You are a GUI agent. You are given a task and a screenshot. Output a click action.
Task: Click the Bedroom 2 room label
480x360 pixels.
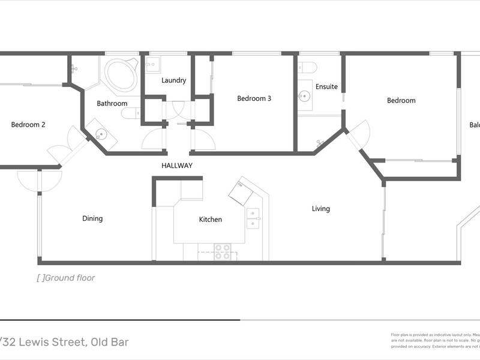point(28,125)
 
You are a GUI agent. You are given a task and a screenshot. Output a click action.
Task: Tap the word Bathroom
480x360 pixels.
point(112,103)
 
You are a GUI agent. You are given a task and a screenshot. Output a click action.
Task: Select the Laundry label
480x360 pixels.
point(173,80)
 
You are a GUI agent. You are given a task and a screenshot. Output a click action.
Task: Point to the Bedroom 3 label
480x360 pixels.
point(254,98)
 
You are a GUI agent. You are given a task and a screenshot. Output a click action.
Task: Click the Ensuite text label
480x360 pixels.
point(327,86)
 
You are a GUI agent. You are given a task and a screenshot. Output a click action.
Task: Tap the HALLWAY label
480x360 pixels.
point(176,166)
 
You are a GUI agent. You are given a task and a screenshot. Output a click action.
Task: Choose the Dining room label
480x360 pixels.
point(92,218)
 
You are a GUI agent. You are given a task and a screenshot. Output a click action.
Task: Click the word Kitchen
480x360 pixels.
point(211,220)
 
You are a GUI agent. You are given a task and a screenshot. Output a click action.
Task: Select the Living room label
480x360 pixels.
point(321,209)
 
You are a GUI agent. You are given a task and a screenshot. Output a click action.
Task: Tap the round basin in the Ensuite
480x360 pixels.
point(305,95)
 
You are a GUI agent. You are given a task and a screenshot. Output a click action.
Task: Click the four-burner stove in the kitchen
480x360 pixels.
point(223,251)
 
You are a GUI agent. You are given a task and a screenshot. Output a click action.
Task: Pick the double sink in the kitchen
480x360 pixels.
point(253,218)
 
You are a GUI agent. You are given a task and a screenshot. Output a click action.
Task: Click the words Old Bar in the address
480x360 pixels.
point(110,343)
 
